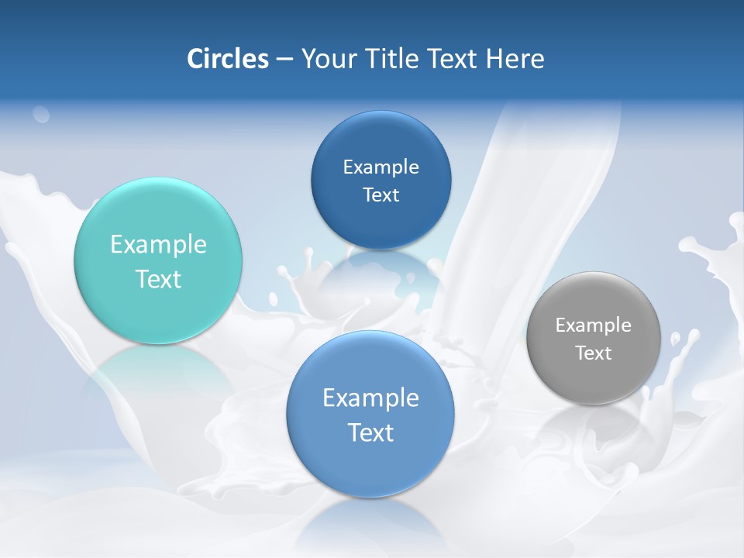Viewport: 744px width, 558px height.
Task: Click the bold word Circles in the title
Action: tap(227, 59)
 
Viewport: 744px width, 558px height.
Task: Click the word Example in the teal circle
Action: tap(158, 245)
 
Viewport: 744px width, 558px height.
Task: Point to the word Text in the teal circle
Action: tap(158, 279)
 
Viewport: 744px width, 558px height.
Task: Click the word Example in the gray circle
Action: tap(594, 325)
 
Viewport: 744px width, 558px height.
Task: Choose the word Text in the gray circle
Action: tap(594, 353)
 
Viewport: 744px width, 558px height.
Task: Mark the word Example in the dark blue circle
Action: tap(381, 167)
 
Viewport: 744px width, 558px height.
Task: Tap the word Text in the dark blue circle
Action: tap(381, 195)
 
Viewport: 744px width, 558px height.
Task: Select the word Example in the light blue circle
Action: tap(370, 398)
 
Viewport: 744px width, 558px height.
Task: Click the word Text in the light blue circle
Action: tap(370, 432)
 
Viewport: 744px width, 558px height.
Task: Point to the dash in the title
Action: tap(284, 60)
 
